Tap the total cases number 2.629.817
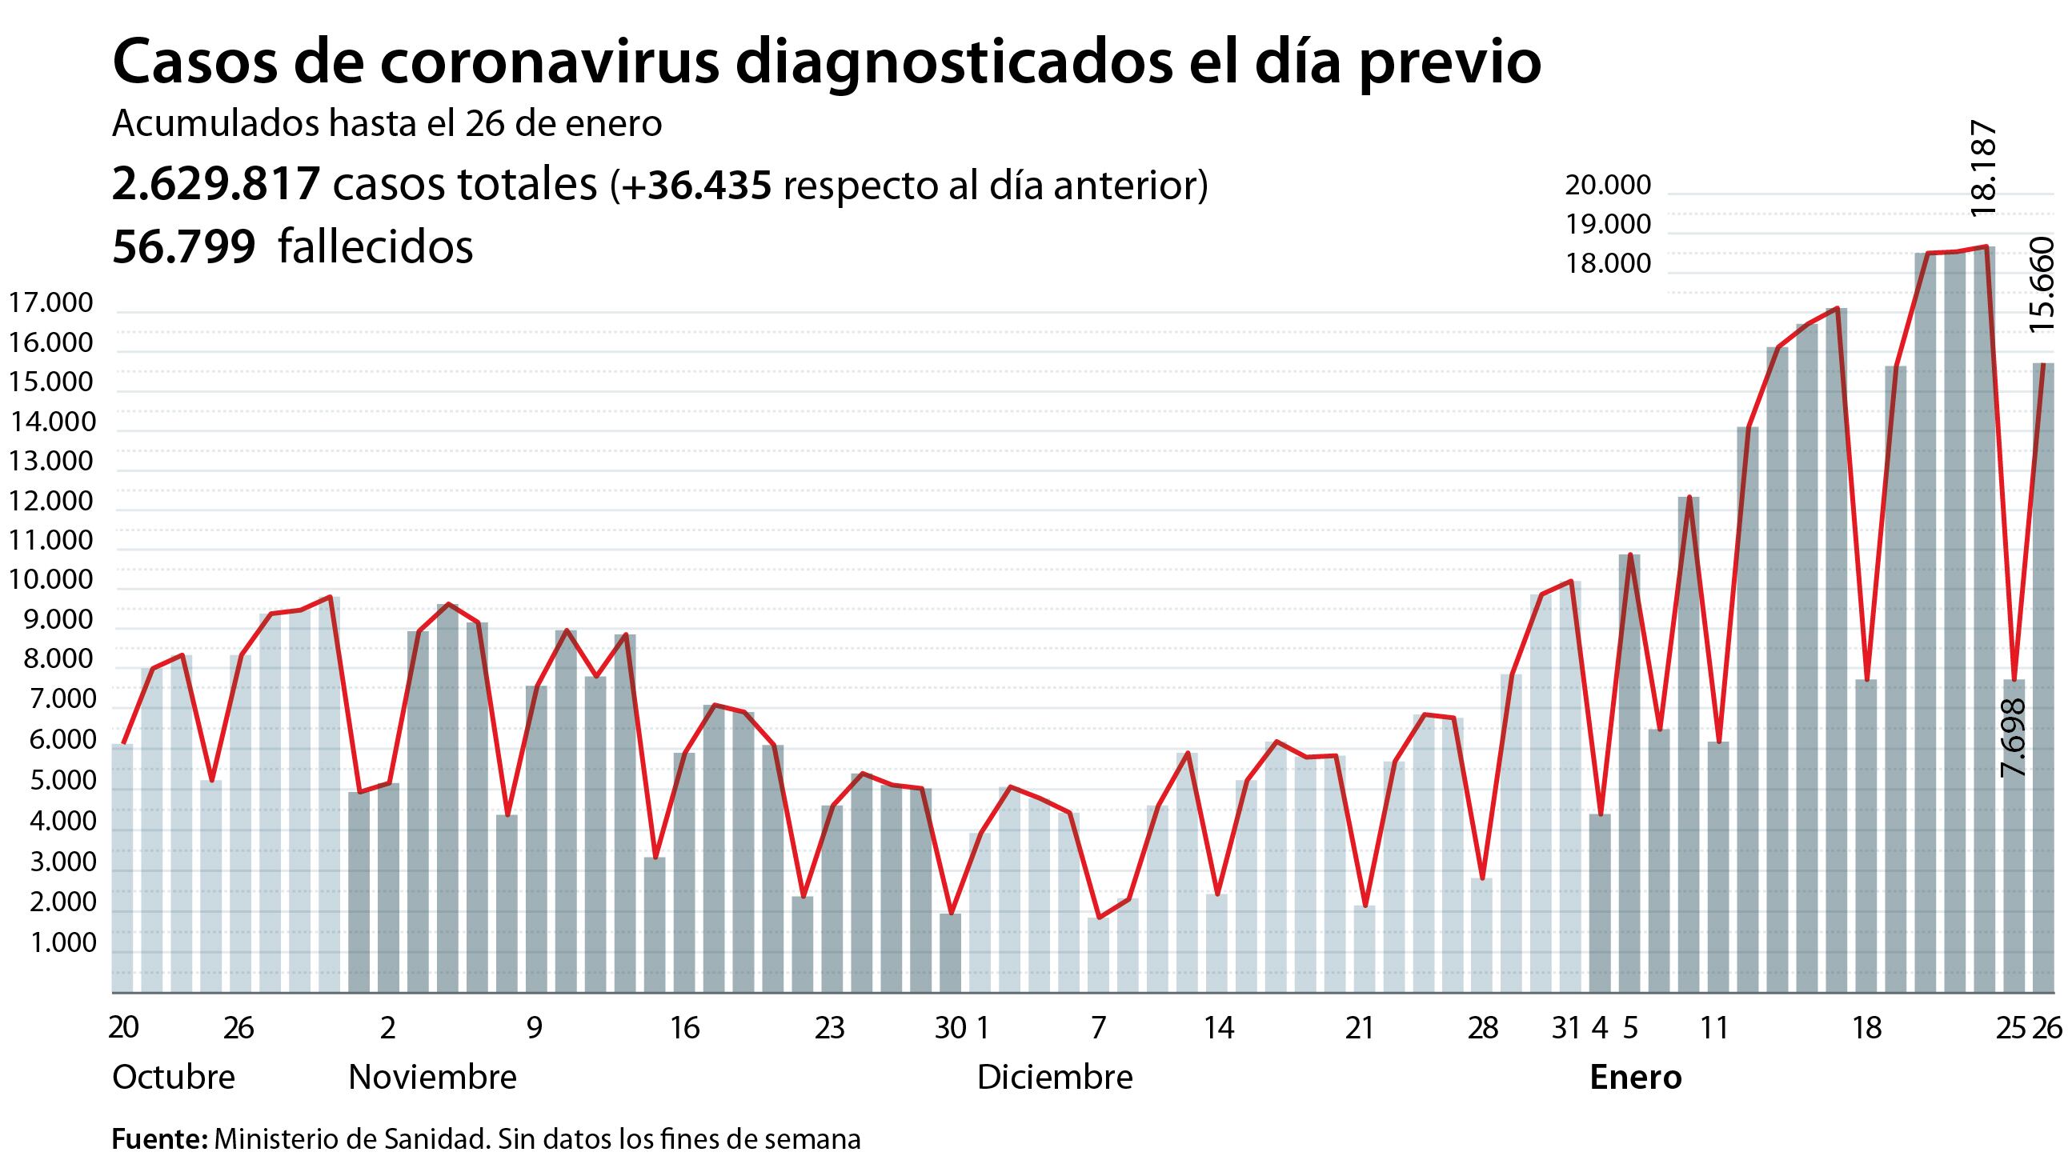pos(216,185)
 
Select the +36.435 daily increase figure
pos(695,185)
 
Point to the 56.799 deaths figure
pos(184,246)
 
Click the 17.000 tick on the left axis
pos(50,303)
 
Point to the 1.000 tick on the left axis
pos(62,943)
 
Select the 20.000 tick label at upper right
pos(1608,186)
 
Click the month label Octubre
pos(174,1078)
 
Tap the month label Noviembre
pos(432,1078)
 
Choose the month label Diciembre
pos(1054,1078)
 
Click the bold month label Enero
pos(1634,1078)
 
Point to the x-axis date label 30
pos(950,1027)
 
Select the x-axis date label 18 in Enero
pos(1866,1027)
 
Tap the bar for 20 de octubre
pos(122,867)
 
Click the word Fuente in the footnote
pos(158,1139)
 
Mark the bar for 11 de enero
pos(1718,867)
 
